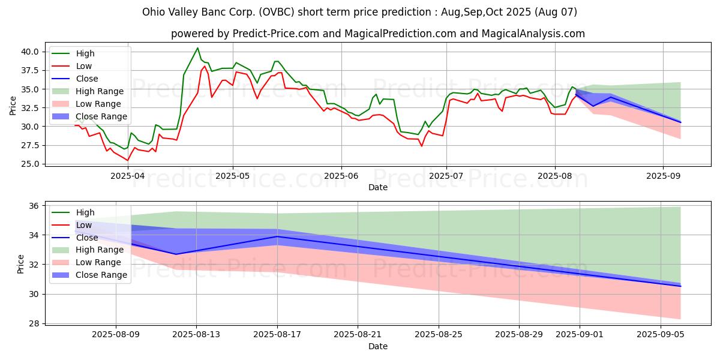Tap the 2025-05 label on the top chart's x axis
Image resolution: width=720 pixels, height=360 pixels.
tap(233, 176)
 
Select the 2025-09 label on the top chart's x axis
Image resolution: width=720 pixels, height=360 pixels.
tap(662, 176)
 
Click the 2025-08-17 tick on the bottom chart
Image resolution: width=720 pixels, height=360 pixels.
tap(277, 335)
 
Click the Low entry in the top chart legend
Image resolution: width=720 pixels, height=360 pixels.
tap(84, 66)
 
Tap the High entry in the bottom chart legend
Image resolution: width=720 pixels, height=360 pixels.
tap(85, 212)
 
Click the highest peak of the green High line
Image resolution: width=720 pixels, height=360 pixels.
tap(197, 48)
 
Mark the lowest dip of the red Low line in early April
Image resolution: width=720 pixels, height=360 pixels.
tap(127, 160)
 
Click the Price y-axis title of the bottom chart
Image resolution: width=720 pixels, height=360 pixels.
tap(21, 263)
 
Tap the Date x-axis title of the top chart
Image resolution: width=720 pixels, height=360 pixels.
tap(378, 187)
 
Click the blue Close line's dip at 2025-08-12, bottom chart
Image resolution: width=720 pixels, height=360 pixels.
tap(176, 254)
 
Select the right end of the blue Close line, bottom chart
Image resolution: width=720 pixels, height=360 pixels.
tap(680, 286)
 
